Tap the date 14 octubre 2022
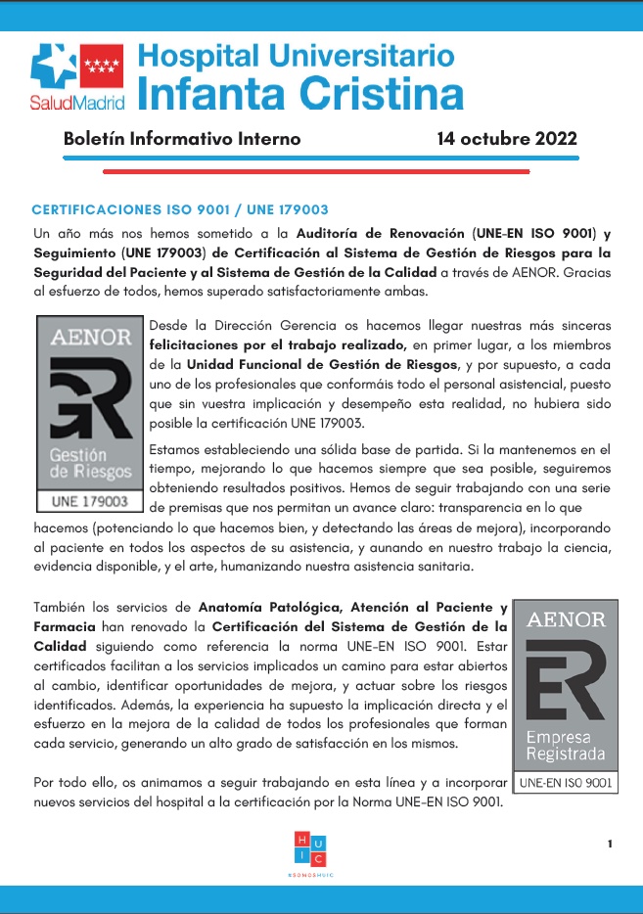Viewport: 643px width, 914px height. point(507,138)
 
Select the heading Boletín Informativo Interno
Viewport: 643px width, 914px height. point(182,138)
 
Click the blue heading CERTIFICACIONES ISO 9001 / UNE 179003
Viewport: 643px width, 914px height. point(180,210)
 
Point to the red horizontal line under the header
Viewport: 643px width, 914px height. point(317,169)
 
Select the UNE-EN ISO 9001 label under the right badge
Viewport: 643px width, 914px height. point(565,783)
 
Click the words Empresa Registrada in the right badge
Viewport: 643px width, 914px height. point(565,746)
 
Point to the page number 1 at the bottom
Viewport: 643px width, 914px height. point(610,844)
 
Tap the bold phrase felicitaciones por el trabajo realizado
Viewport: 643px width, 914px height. point(278,344)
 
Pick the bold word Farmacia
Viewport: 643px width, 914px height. point(64,625)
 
